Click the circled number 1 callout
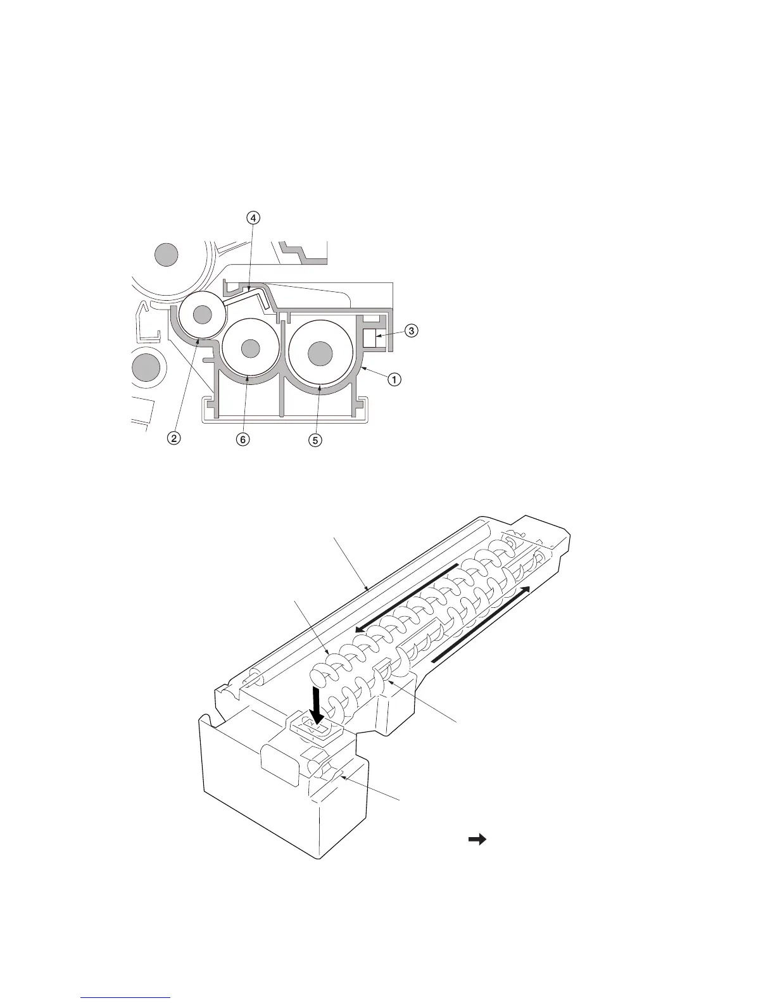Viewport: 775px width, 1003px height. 394,380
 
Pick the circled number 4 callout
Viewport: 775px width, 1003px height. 253,218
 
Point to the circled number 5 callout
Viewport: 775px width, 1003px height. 315,440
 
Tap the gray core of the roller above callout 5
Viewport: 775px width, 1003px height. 320,353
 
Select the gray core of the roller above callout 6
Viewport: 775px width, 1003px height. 251,348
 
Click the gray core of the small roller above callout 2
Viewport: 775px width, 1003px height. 202,313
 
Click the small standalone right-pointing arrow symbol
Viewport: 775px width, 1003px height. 477,840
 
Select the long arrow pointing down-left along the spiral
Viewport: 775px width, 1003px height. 405,597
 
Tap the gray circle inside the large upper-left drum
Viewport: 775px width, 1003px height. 167,255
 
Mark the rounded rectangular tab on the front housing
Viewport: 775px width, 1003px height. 279,766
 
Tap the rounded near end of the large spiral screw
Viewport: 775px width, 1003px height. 322,673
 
